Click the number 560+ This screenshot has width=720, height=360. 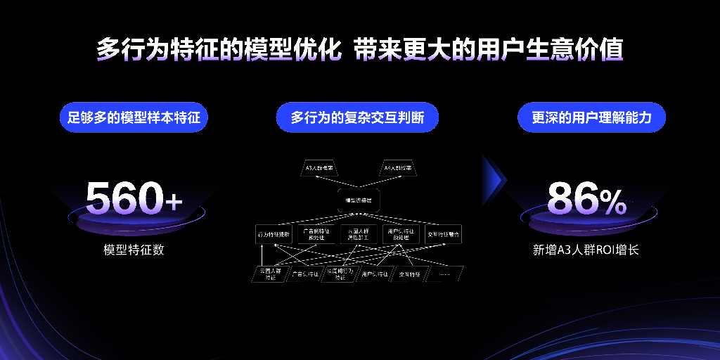coord(134,199)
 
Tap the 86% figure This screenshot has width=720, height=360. coord(586,200)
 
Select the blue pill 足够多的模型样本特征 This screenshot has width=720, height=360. coord(134,117)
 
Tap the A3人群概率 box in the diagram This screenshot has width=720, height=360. coord(320,169)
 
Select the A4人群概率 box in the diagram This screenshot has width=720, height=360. coord(398,169)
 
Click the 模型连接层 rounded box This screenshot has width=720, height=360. coord(359,200)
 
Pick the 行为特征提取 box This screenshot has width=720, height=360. coord(274,235)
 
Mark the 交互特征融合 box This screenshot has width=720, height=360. coord(444,235)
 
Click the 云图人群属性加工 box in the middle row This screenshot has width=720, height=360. coord(359,235)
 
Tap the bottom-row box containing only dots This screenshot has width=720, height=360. coord(444,274)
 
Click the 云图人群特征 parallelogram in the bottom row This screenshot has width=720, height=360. coord(270,274)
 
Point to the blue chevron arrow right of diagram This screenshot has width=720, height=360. coord(496,180)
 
